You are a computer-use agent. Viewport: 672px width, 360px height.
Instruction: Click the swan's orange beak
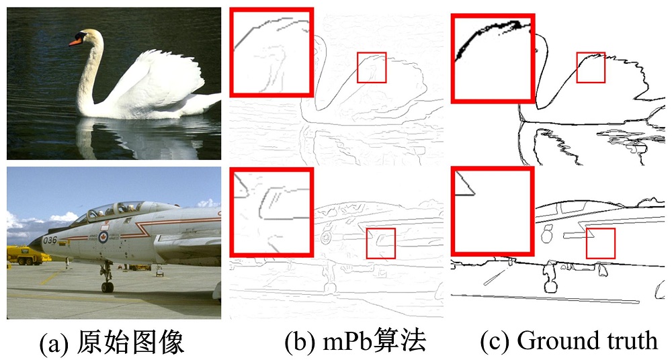(x=75, y=42)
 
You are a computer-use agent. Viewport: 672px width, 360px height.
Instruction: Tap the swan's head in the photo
(x=88, y=37)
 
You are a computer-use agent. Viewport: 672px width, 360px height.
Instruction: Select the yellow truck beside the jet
(x=27, y=255)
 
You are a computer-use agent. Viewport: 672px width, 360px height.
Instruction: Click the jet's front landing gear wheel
(x=107, y=287)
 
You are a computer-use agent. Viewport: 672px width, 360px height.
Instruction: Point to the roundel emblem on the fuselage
(x=103, y=236)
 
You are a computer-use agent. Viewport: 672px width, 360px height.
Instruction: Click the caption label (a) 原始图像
(x=112, y=342)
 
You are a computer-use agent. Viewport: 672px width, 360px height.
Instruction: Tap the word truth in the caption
(x=625, y=341)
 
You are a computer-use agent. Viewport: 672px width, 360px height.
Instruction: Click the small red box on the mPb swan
(x=372, y=67)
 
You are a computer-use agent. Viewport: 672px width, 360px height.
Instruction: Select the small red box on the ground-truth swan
(x=591, y=67)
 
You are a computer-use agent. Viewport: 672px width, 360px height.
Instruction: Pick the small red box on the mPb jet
(x=380, y=243)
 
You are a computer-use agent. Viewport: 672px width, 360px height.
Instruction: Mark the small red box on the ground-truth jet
(x=600, y=243)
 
